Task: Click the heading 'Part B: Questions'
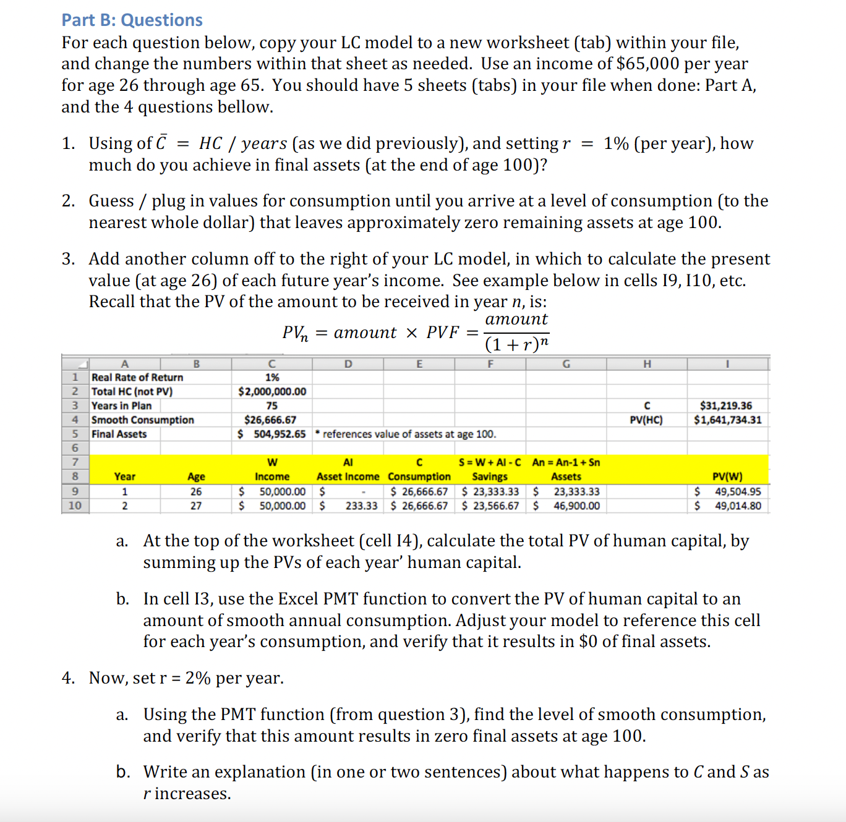click(x=132, y=20)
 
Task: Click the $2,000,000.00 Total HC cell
click(x=272, y=391)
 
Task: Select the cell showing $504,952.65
click(x=272, y=434)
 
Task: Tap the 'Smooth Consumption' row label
click(x=143, y=420)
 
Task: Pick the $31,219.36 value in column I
click(x=726, y=405)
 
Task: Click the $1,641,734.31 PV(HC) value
click(x=727, y=420)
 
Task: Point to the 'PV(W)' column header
click(x=727, y=477)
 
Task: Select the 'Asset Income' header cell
click(x=348, y=477)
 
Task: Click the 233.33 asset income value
click(x=361, y=506)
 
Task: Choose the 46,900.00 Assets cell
click(x=576, y=506)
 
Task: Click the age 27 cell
click(x=196, y=506)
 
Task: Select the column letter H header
click(x=647, y=363)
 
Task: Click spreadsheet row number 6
click(x=75, y=448)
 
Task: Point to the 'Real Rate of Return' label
click(x=137, y=377)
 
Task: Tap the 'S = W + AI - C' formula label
click(x=490, y=462)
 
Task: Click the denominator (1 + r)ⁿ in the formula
click(x=516, y=344)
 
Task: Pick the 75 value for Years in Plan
click(x=272, y=405)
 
